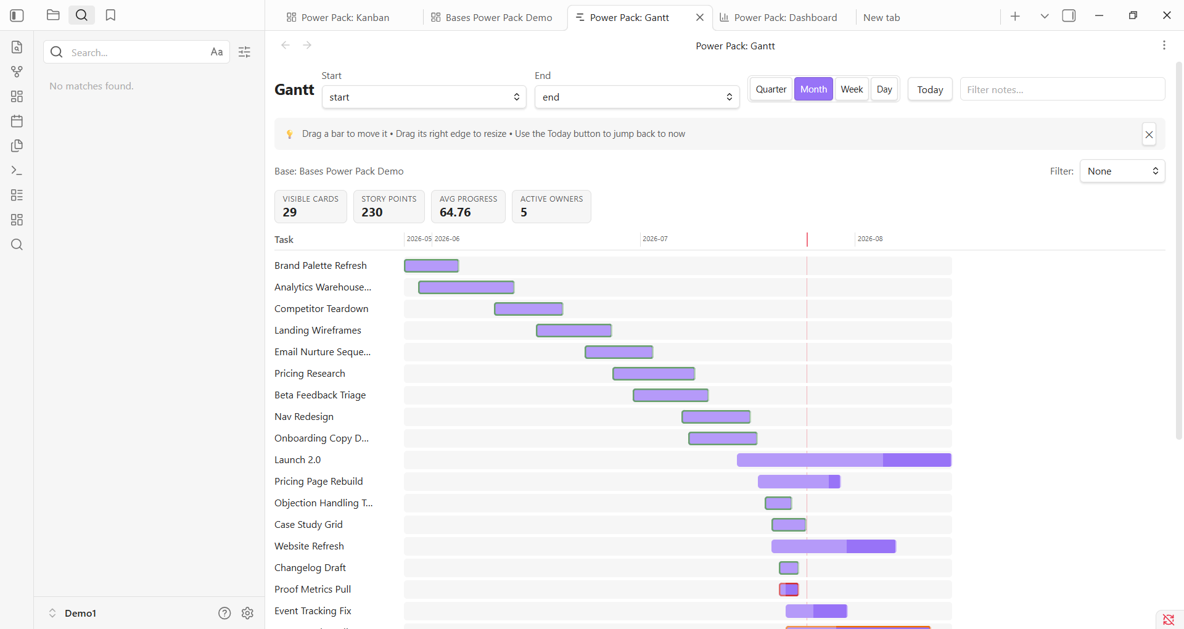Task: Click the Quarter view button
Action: coord(771,89)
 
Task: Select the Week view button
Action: coord(852,89)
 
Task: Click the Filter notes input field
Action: coord(1062,89)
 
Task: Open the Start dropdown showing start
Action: coord(424,97)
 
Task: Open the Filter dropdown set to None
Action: coord(1122,171)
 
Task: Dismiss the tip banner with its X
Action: coord(1149,134)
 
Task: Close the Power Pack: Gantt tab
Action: coord(700,17)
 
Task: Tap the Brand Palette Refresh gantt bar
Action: coord(431,266)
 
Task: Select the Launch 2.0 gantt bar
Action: coord(844,460)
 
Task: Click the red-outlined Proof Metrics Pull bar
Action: coord(789,590)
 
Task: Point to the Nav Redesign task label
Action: coord(304,417)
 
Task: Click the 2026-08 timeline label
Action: coord(869,239)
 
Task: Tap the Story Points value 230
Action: coord(372,212)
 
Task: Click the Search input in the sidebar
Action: coord(137,52)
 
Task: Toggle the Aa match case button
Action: coord(216,52)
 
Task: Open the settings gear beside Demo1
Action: coord(247,613)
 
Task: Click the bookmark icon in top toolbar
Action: coord(110,15)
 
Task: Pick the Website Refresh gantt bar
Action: coord(833,546)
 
